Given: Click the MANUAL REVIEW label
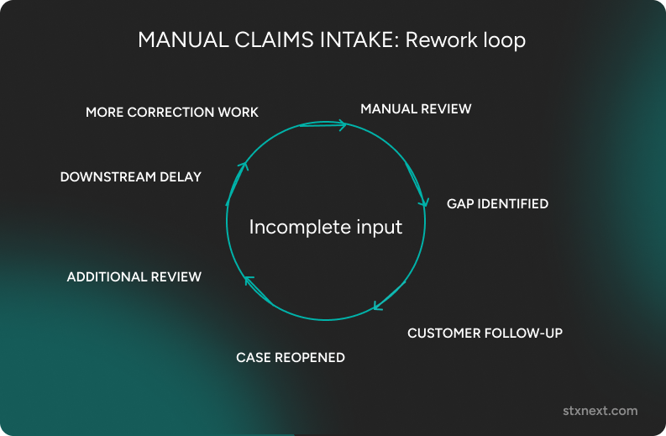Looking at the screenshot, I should [416, 109].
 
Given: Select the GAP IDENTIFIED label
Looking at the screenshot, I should [497, 204].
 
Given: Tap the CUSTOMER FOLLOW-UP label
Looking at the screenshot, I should [485, 334].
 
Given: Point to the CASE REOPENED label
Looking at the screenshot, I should [291, 358].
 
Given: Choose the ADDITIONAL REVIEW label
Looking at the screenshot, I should [134, 277].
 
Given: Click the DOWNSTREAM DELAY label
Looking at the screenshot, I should [131, 177].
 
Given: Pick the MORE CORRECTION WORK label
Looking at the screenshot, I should [172, 113].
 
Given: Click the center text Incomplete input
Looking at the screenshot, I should [326, 227].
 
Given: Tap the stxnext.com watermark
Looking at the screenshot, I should [600, 411].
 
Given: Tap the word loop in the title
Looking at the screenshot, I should [505, 40].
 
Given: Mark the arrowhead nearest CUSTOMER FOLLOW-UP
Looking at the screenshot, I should [377, 306].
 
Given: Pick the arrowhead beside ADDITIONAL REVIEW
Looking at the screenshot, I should [248, 280].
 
